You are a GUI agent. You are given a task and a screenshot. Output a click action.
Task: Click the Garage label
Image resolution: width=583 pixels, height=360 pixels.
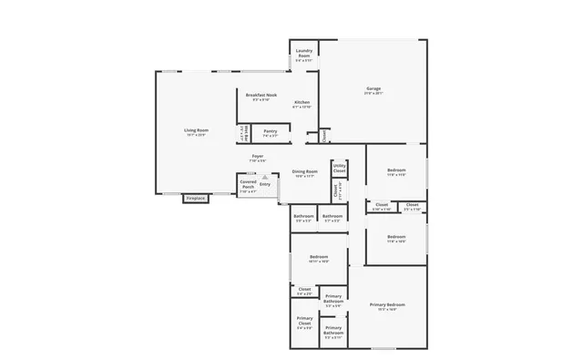click(x=373, y=88)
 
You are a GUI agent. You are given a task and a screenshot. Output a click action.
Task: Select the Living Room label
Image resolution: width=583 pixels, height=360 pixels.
click(x=197, y=130)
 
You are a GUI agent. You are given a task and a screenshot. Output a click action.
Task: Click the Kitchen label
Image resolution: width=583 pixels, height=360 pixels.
click(x=302, y=102)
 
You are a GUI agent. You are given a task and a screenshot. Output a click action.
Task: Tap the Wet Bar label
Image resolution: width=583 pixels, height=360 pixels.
click(x=243, y=134)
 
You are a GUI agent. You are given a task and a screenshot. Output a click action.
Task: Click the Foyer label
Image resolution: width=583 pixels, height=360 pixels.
click(x=258, y=157)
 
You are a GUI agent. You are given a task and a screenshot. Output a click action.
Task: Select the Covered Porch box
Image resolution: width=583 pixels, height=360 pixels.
click(x=248, y=185)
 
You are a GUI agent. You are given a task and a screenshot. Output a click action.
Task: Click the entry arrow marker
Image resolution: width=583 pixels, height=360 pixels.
click(x=265, y=178)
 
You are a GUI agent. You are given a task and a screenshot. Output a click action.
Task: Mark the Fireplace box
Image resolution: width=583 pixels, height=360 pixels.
click(x=196, y=198)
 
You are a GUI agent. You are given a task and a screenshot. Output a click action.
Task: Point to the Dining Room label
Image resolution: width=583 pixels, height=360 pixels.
click(x=304, y=171)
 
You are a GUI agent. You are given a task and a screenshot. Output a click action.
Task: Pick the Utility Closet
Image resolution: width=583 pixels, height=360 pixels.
click(x=339, y=169)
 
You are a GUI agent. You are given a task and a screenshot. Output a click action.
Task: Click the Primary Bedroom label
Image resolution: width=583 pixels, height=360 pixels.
click(x=388, y=304)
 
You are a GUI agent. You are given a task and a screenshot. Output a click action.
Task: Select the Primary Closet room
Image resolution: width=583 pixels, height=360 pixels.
click(x=304, y=321)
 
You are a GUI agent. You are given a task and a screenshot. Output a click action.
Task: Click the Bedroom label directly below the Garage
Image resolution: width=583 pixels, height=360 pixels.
click(x=396, y=171)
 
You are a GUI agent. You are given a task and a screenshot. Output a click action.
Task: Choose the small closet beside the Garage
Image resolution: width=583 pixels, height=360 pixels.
click(x=324, y=136)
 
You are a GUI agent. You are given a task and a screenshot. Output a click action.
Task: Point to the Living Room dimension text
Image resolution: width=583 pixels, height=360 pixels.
click(x=197, y=135)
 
